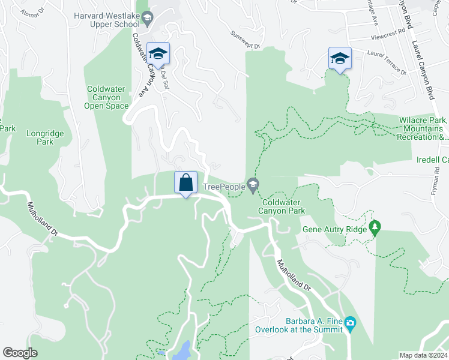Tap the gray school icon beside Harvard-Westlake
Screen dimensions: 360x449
point(146,20)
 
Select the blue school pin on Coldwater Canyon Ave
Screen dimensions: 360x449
point(158,53)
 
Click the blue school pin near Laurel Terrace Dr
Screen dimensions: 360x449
point(340,58)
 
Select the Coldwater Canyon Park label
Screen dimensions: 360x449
point(283,206)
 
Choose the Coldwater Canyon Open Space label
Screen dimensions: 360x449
point(106,98)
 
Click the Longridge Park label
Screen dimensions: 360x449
point(40,138)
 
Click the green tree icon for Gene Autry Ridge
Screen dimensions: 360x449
point(376,227)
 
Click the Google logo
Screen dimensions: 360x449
point(20,353)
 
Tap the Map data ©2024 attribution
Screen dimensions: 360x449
point(423,355)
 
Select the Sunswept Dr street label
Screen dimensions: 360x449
point(246,40)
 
